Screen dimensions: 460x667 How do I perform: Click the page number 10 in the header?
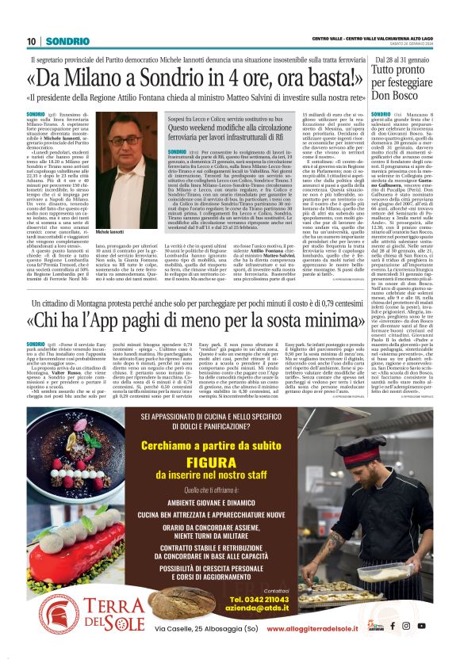pos(32,41)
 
